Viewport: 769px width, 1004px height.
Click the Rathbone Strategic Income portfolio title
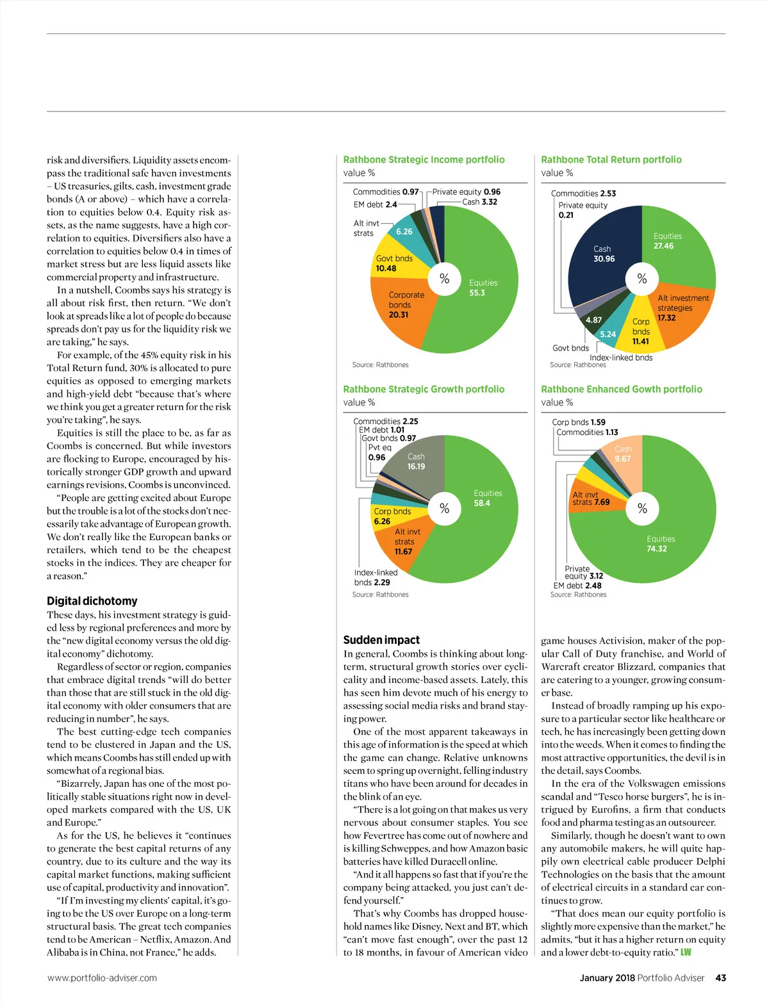pos(424,160)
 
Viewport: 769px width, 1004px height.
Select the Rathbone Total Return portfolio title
pos(611,160)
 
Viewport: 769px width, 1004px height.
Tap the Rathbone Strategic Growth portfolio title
pos(424,389)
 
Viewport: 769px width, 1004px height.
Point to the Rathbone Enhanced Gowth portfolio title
pos(621,389)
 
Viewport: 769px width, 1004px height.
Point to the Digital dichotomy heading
pos(92,601)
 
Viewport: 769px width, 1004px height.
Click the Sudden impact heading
pos(381,640)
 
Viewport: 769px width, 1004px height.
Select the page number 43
pos(720,978)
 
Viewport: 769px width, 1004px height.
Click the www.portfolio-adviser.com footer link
pos(102,978)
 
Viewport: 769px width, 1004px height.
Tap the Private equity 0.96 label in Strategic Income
pos(466,192)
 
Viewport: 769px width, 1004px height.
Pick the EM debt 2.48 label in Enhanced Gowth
pos(577,586)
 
